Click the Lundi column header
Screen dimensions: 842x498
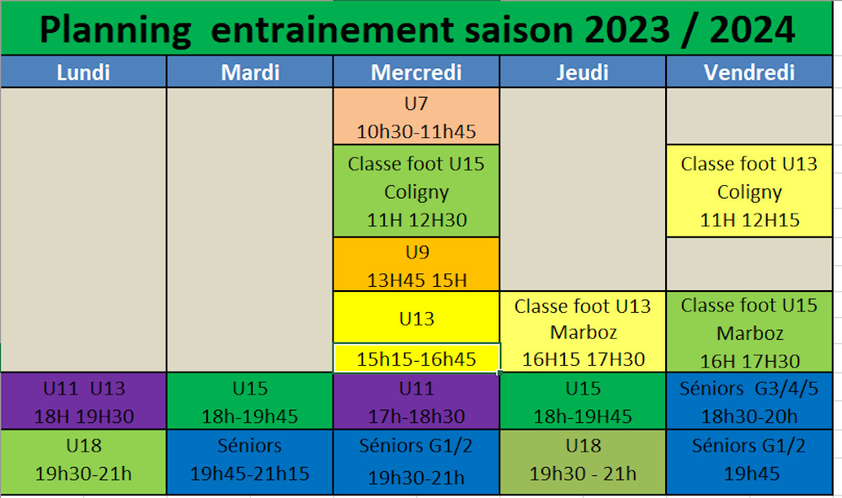tap(83, 72)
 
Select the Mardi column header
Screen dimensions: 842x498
tap(250, 72)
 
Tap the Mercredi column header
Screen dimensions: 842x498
tap(416, 72)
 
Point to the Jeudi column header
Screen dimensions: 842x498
tap(583, 72)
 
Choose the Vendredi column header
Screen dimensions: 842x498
tap(749, 72)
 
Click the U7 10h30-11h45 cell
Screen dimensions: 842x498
tap(416, 116)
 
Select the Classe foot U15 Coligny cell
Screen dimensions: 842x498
tap(416, 191)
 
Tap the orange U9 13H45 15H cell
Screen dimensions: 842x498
tap(416, 264)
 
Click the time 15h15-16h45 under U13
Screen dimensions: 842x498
tap(416, 359)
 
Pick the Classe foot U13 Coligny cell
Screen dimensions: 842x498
tap(749, 191)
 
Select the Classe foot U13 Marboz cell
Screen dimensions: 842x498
tap(583, 331)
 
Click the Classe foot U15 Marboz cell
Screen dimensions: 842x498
tap(749, 331)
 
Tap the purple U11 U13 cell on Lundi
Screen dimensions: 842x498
tap(83, 401)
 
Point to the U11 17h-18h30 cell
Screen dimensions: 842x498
tap(416, 401)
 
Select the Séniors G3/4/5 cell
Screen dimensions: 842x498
tap(749, 401)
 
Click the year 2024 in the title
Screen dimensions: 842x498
tap(752, 29)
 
